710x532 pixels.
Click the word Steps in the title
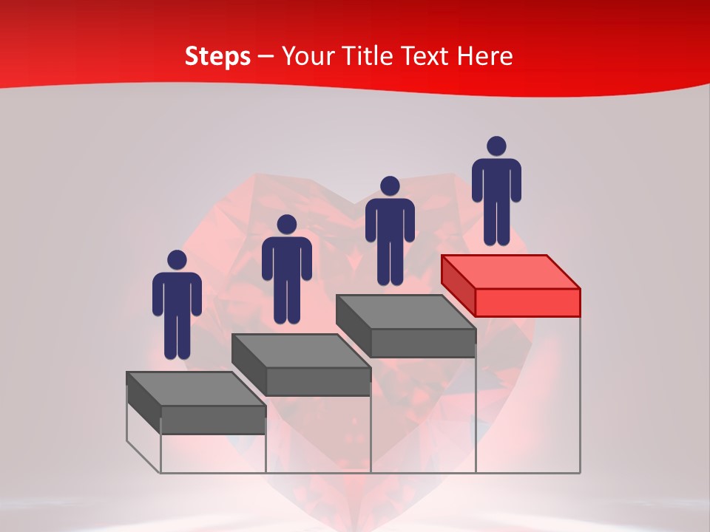pyautogui.click(x=217, y=56)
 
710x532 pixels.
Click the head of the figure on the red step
pyautogui.click(x=496, y=146)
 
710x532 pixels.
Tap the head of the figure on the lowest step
pyautogui.click(x=177, y=260)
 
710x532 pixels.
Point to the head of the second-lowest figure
pyautogui.click(x=286, y=225)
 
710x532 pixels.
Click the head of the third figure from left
pyautogui.click(x=390, y=186)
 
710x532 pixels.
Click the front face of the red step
pyautogui.click(x=527, y=302)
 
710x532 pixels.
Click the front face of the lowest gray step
pyautogui.click(x=213, y=420)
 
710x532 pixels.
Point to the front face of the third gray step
pyautogui.click(x=423, y=343)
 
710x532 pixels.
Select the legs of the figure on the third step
pyautogui.click(x=390, y=262)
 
